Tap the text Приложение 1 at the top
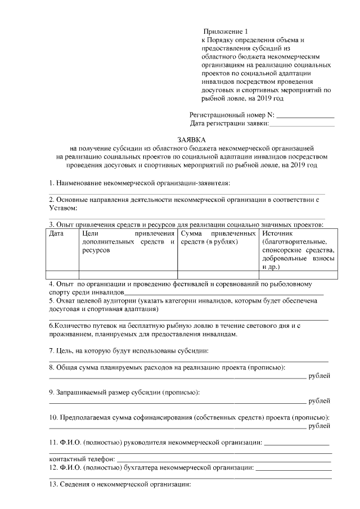coord(224,32)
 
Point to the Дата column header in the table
coord(56,233)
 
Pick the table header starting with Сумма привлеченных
coord(217,237)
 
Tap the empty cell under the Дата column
coord(62,274)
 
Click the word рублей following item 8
coord(319,376)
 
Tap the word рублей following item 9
coord(319,400)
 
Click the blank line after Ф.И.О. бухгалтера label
coord(293,468)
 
